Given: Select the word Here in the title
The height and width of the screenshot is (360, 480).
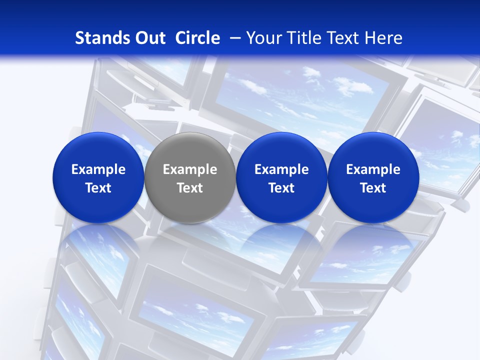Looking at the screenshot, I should [384, 38].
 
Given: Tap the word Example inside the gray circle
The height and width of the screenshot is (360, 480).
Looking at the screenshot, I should [190, 169].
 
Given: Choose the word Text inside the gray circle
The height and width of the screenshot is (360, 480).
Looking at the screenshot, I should [190, 188].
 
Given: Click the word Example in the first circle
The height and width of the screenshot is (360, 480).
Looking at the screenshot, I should [98, 169].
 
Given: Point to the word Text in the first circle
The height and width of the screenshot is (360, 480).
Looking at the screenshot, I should [98, 188].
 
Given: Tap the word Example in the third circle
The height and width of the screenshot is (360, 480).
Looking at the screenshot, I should [281, 169].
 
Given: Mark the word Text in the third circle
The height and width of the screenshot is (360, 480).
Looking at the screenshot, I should [281, 188].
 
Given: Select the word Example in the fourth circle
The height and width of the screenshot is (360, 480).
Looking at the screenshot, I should [373, 169].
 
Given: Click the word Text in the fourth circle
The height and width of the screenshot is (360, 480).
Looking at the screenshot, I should [373, 188].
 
